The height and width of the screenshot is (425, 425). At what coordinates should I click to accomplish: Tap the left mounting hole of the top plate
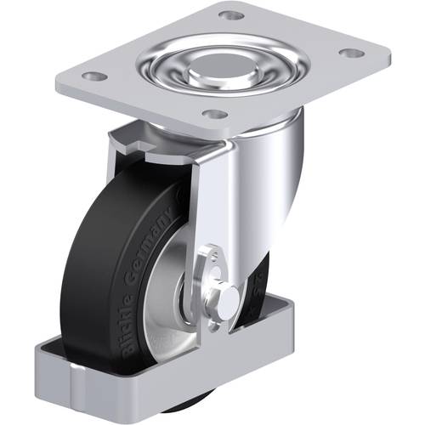96,76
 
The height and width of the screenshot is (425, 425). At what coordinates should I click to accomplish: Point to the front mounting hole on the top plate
217,114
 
